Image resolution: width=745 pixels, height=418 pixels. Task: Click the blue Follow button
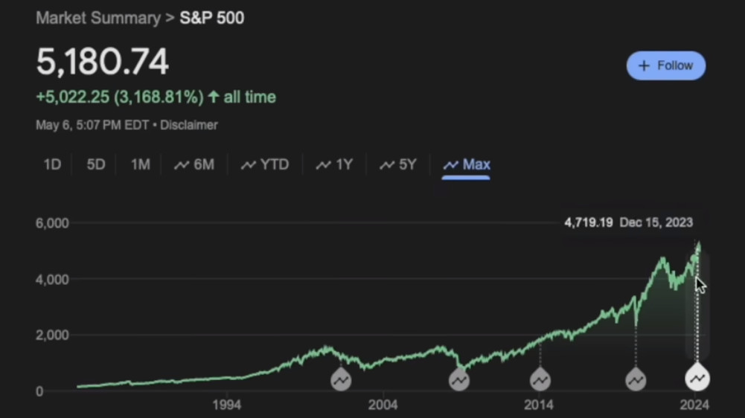point(666,65)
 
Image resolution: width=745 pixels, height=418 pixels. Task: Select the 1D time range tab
point(52,164)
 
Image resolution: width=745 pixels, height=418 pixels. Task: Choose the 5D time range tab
point(96,164)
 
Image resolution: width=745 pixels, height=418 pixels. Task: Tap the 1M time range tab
point(140,164)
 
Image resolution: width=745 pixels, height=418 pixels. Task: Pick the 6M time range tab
point(194,164)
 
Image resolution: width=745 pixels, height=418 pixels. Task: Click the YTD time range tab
point(265,164)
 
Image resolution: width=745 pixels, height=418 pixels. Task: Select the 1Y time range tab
point(335,164)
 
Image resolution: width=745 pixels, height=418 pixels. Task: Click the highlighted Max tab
point(467,164)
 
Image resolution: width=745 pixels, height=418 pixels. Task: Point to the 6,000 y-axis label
point(52,223)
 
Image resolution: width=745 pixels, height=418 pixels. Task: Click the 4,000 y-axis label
point(52,279)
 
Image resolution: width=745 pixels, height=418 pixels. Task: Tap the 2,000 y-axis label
point(52,335)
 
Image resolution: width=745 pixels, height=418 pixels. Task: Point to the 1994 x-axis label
point(226,405)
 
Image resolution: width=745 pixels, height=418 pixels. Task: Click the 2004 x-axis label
point(383,405)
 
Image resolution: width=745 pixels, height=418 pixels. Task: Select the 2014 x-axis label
point(539,405)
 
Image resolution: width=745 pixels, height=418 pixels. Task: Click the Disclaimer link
point(189,125)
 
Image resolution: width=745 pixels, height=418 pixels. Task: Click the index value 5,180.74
point(103,63)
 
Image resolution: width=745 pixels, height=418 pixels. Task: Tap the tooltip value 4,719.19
point(589,222)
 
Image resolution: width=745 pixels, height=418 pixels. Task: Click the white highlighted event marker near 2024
point(697,379)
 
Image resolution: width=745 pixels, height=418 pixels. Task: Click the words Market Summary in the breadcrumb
point(97,17)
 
